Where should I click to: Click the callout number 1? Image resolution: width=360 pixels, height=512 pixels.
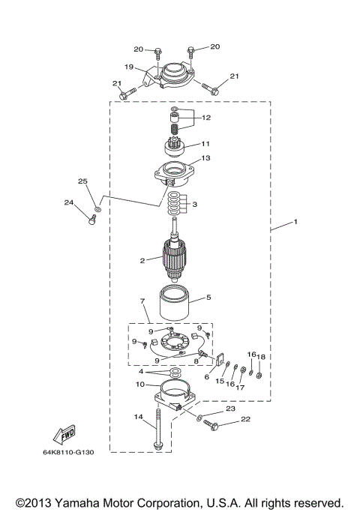tap(296, 222)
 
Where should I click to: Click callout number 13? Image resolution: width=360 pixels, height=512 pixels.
tap(206, 158)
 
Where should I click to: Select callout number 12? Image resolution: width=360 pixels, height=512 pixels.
tap(206, 118)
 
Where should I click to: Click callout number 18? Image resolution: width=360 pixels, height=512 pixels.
tap(262, 357)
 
